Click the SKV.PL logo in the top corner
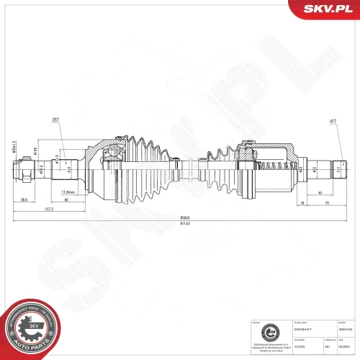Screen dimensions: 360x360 (323, 9)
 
